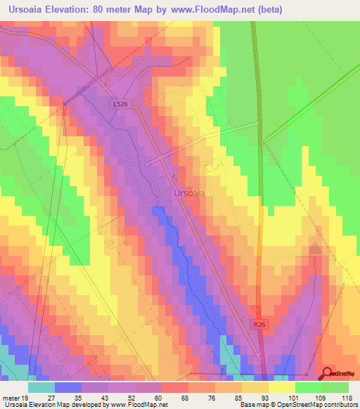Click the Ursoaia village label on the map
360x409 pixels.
click(x=188, y=193)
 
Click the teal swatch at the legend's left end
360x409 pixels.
click(x=41, y=387)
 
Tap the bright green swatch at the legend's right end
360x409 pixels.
click(x=335, y=387)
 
